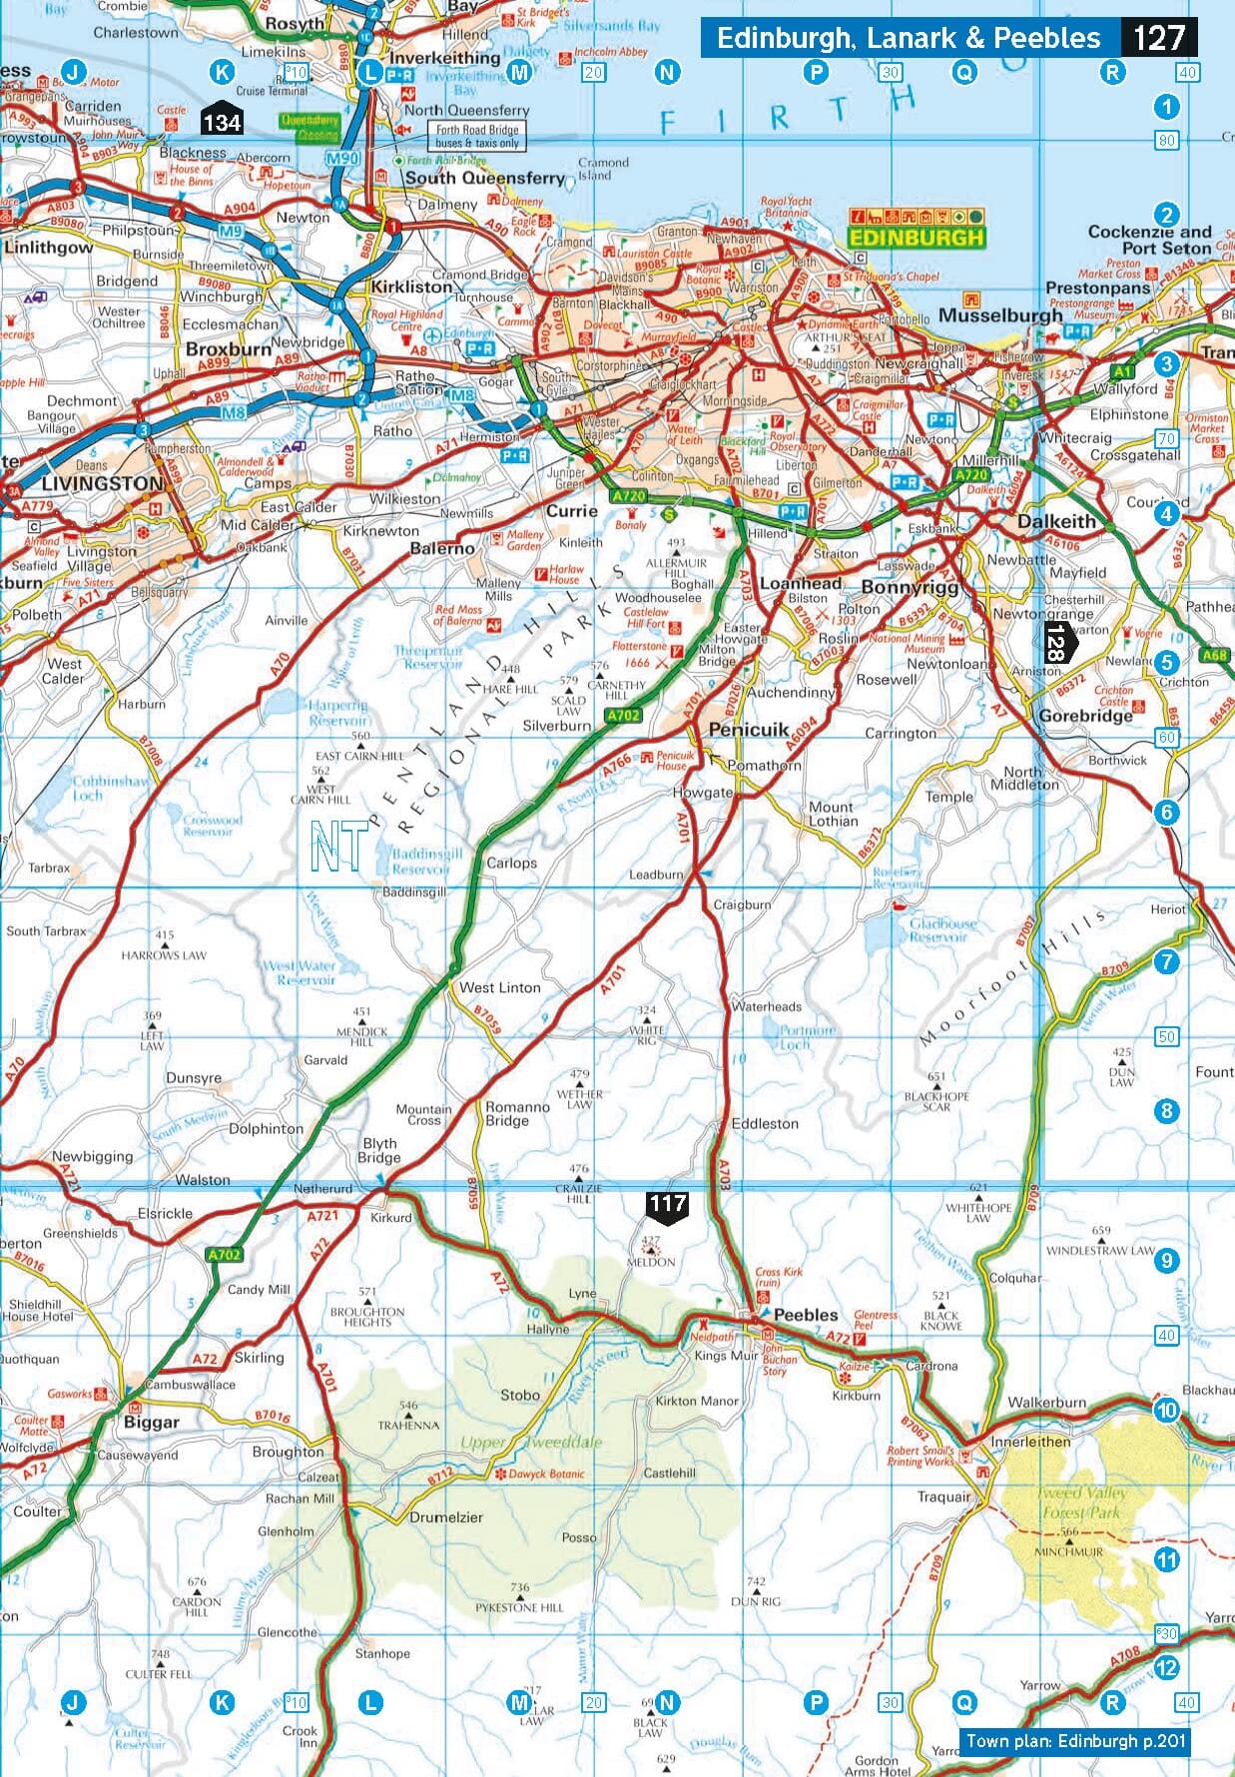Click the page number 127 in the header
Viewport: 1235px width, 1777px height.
[x=1158, y=38]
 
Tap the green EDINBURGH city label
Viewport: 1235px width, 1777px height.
[x=916, y=238]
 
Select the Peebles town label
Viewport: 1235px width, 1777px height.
[x=806, y=1315]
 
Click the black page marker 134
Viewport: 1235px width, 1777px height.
[x=222, y=122]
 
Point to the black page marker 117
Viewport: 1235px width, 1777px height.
[x=666, y=1205]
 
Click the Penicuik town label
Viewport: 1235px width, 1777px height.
[x=749, y=730]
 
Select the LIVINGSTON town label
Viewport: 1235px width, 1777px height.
[x=102, y=483]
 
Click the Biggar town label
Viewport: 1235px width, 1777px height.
[x=152, y=1422]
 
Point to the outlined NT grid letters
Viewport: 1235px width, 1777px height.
[x=337, y=847]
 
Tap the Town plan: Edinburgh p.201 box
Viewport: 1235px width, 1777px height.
[x=1075, y=1741]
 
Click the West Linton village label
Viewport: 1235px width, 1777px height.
[x=499, y=987]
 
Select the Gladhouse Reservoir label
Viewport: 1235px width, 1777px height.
[x=937, y=930]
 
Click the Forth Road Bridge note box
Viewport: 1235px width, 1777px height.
[x=477, y=136]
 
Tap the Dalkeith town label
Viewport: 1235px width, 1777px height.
[x=1055, y=521]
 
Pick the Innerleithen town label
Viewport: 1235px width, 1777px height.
[x=1030, y=1442]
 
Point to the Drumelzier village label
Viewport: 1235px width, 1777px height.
[x=446, y=1517]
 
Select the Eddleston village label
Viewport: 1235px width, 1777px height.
[x=765, y=1123]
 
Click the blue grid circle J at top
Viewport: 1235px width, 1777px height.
[x=72, y=71]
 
